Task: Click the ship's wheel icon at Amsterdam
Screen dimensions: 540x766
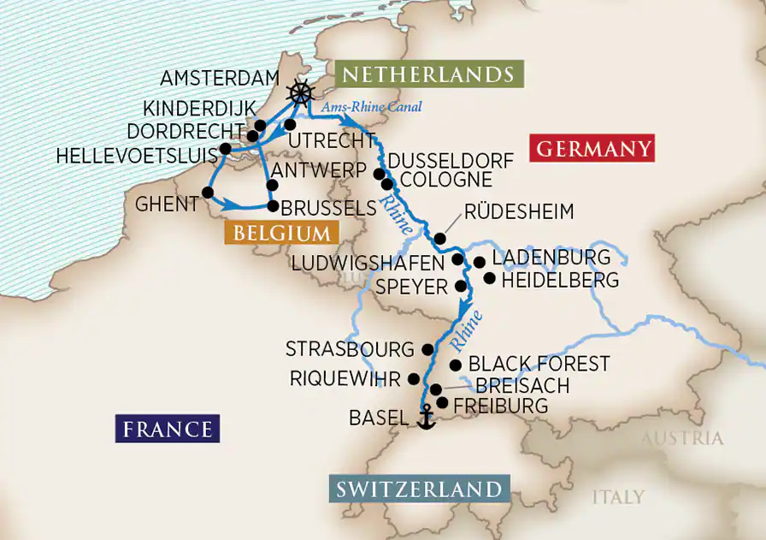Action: point(300,92)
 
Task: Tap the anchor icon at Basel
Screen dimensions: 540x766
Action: point(425,417)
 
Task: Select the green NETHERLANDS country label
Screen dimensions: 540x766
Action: point(428,75)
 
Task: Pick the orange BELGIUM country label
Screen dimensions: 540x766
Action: point(281,233)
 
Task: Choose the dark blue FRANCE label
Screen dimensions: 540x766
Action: point(167,429)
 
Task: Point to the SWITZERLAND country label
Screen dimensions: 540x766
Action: point(418,490)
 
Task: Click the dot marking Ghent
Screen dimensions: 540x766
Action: point(207,192)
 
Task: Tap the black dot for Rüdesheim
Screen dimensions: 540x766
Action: point(439,239)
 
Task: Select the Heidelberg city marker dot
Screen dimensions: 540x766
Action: point(489,278)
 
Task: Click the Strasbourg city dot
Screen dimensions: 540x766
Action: point(427,349)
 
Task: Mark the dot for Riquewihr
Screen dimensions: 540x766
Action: point(414,378)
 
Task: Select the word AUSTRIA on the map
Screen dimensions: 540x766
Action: point(681,439)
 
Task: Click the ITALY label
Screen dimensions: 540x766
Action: point(618,496)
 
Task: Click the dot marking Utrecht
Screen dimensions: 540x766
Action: point(290,125)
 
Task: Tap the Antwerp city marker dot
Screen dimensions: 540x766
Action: point(272,185)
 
